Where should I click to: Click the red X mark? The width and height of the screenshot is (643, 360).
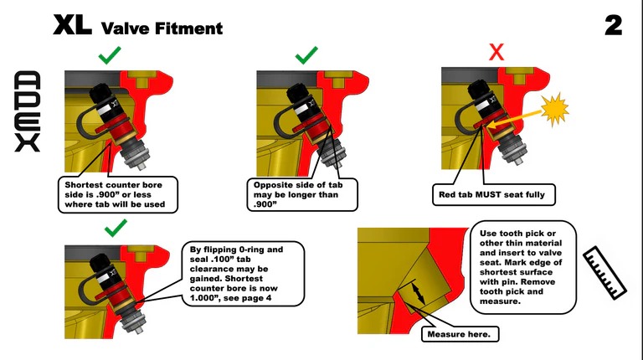pos(496,53)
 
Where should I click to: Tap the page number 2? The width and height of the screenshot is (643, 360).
pos(614,25)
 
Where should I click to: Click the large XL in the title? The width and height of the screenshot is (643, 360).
pos(72,25)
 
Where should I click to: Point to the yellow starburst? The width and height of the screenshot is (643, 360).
pos(554,110)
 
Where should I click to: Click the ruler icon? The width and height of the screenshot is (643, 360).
pos(604,273)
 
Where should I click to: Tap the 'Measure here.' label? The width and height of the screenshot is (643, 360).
pos(460,334)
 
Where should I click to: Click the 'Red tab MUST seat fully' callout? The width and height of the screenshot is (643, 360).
pos(493,194)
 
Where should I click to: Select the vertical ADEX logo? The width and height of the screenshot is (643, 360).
pos(28,111)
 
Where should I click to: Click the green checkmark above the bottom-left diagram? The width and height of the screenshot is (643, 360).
pos(116,228)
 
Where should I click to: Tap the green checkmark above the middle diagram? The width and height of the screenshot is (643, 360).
pos(306,55)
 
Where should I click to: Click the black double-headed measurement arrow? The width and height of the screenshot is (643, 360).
pos(419,292)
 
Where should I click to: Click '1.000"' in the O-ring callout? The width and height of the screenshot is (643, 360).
pos(204,298)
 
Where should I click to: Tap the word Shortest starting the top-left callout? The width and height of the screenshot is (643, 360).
pos(82,185)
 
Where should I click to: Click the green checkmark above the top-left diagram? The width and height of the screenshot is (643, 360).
pos(110,55)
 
